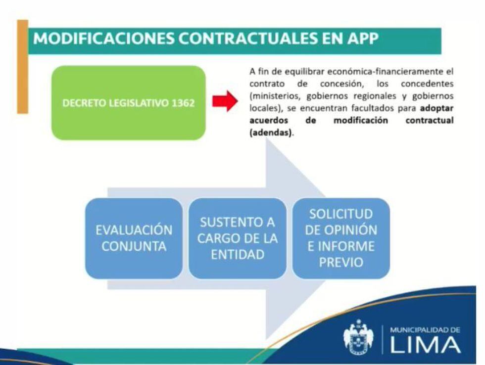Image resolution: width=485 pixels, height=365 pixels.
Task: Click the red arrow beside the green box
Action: pyautogui.click(x=225, y=101)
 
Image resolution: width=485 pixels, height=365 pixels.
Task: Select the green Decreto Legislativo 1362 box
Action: pyautogui.click(x=128, y=102)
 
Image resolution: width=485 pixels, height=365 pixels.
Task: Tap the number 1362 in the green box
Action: pyautogui.click(x=183, y=103)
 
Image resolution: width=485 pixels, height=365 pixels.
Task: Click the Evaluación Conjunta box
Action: pyautogui.click(x=134, y=238)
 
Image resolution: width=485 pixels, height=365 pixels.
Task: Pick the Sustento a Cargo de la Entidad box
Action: pyautogui.click(x=238, y=238)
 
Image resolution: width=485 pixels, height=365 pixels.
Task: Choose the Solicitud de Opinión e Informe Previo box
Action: pyautogui.click(x=341, y=238)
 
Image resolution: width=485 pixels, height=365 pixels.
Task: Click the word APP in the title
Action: pyautogui.click(x=362, y=38)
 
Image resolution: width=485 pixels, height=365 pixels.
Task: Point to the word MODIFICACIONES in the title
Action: pyautogui.click(x=103, y=38)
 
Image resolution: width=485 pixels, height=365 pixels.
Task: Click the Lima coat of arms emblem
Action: pyautogui.click(x=358, y=337)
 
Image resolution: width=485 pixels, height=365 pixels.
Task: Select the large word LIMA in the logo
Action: pyautogui.click(x=425, y=345)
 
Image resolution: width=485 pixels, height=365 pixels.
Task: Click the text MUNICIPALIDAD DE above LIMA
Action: pyautogui.click(x=425, y=330)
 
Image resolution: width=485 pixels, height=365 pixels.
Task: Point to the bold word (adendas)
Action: pyautogui.click(x=271, y=133)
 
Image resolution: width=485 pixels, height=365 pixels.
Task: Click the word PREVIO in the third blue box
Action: pyautogui.click(x=341, y=263)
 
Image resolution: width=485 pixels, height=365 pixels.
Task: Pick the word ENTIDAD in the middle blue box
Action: pyautogui.click(x=238, y=255)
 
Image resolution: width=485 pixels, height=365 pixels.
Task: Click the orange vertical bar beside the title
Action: pyautogui.click(x=23, y=66)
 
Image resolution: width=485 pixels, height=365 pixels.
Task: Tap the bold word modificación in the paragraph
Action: pyautogui.click(x=361, y=120)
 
